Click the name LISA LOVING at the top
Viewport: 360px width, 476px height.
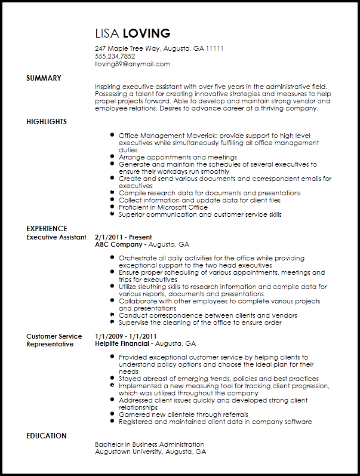[133, 33]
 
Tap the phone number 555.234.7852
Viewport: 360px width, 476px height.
[115, 57]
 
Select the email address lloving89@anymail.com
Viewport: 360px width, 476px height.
[133, 64]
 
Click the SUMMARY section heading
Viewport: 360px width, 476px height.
[44, 78]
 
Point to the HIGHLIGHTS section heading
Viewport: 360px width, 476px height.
[47, 122]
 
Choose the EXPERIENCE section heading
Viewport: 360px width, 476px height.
[47, 229]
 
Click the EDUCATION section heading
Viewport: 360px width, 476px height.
[47, 436]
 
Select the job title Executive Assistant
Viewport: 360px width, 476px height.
[56, 237]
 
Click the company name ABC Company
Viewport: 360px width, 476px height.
[119, 245]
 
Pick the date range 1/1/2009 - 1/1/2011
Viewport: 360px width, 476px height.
[125, 336]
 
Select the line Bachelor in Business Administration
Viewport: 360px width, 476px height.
[149, 444]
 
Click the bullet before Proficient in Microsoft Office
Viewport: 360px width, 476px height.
[112, 207]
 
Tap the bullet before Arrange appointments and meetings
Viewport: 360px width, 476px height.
[112, 157]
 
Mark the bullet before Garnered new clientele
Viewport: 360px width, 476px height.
[112, 414]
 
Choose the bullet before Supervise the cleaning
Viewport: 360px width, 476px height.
[112, 323]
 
